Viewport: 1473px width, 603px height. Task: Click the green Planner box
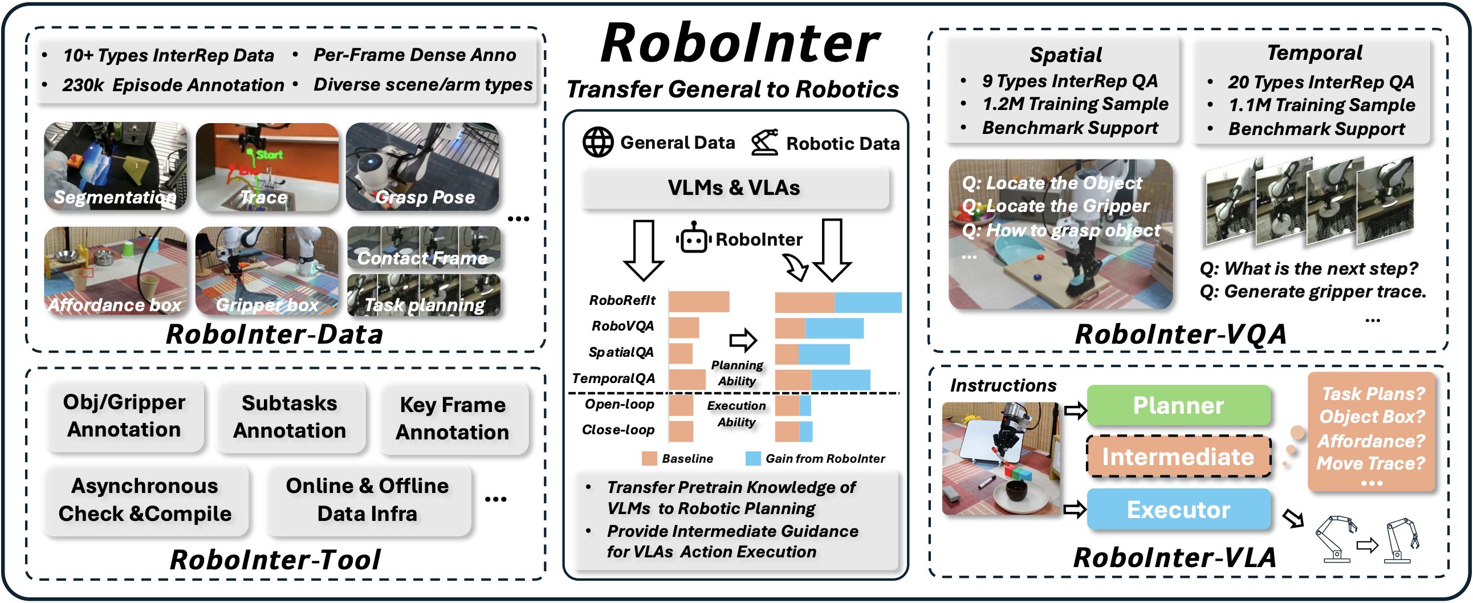1178,405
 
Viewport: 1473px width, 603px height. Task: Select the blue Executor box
1178,510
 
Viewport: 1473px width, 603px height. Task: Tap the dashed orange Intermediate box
1178,457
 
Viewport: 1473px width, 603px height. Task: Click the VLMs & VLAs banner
735,188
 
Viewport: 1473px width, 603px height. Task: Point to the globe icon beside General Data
597,142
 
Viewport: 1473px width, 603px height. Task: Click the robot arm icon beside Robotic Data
764,142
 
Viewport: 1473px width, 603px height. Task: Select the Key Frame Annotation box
452,418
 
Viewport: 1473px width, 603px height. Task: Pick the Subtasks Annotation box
290,417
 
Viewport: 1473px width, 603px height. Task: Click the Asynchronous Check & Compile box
145,499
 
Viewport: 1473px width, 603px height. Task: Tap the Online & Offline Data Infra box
368,499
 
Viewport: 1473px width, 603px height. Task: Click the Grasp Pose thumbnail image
422,166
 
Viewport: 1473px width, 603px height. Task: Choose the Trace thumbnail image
267,166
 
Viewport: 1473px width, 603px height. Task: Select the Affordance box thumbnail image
116,271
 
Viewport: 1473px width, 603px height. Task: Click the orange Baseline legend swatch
649,458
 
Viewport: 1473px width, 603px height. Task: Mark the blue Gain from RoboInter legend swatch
752,458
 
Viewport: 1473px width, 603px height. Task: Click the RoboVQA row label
622,327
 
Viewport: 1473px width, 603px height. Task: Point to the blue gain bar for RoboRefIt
868,303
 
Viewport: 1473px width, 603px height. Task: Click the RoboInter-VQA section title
1180,335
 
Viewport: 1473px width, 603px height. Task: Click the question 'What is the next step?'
1308,268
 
